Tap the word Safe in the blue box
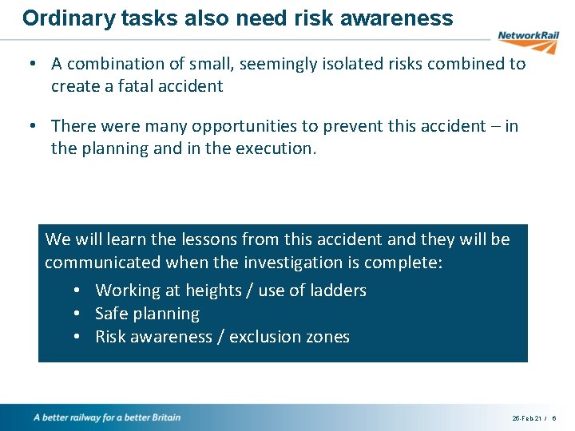pos(110,314)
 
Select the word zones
pos(327,337)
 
